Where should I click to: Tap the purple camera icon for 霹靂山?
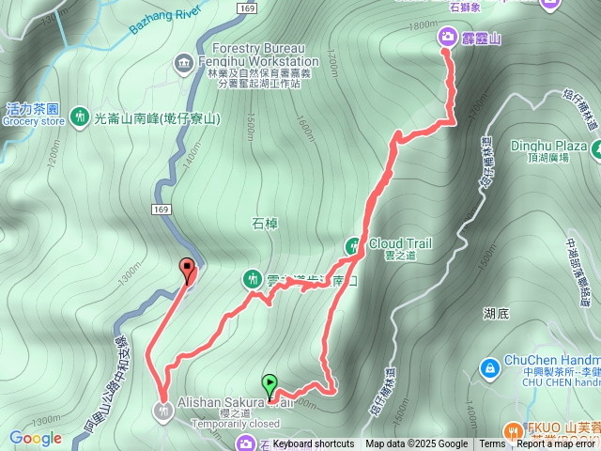click(447, 37)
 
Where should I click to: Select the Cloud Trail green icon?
click(354, 245)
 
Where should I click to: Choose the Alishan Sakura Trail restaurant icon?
click(165, 409)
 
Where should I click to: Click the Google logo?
click(36, 438)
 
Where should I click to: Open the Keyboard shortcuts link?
click(314, 444)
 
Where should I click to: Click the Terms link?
click(492, 444)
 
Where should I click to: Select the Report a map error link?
click(558, 444)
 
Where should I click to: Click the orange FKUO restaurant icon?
click(513, 428)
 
